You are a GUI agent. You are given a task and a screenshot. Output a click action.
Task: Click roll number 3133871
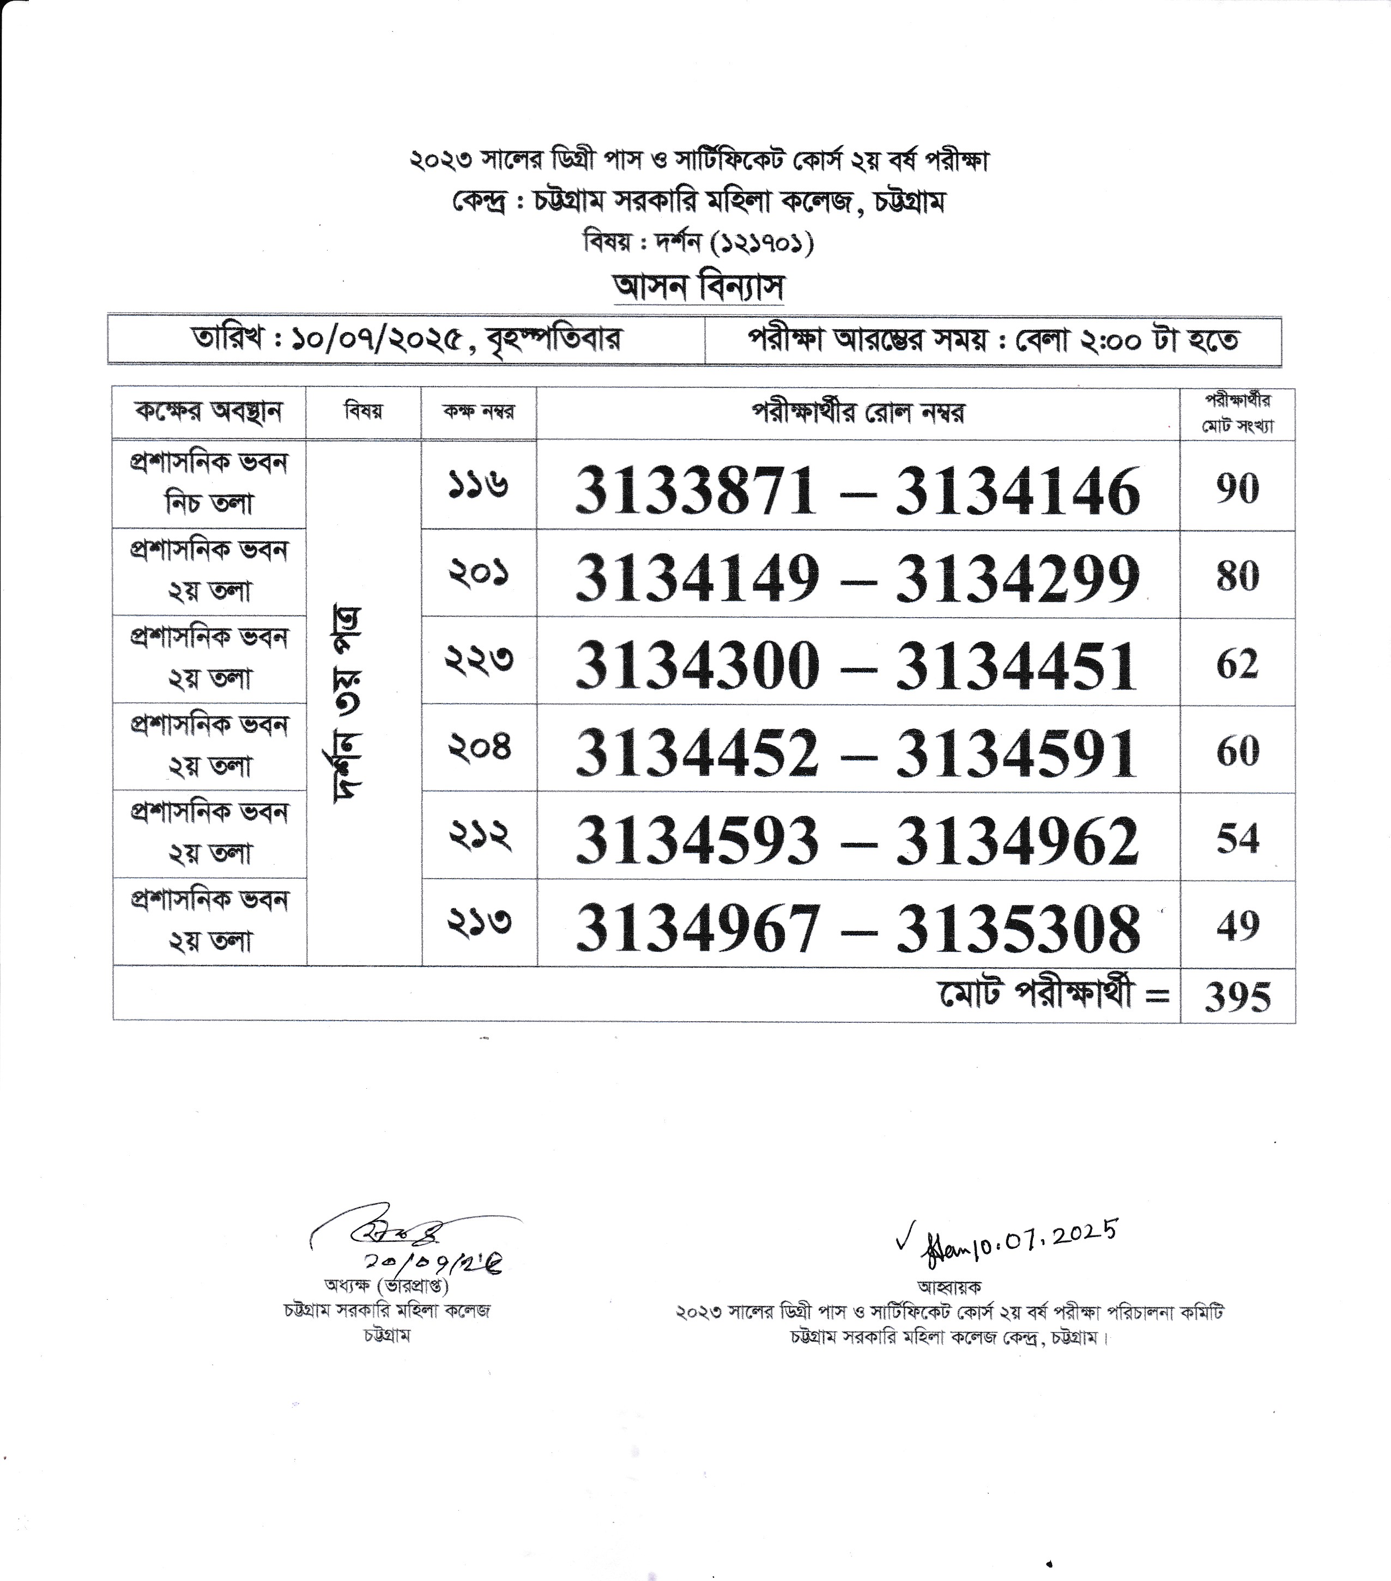[x=696, y=491]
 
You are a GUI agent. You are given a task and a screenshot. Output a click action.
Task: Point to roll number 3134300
[x=697, y=666]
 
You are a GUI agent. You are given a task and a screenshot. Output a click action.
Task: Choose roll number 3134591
[x=1017, y=753]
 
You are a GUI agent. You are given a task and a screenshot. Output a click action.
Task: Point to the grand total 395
[x=1237, y=997]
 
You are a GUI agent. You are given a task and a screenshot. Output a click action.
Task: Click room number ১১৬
[x=479, y=486]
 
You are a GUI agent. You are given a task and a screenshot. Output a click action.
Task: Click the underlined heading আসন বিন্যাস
[x=698, y=288]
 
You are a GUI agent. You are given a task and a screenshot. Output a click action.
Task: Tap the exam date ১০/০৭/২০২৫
[x=378, y=340]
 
